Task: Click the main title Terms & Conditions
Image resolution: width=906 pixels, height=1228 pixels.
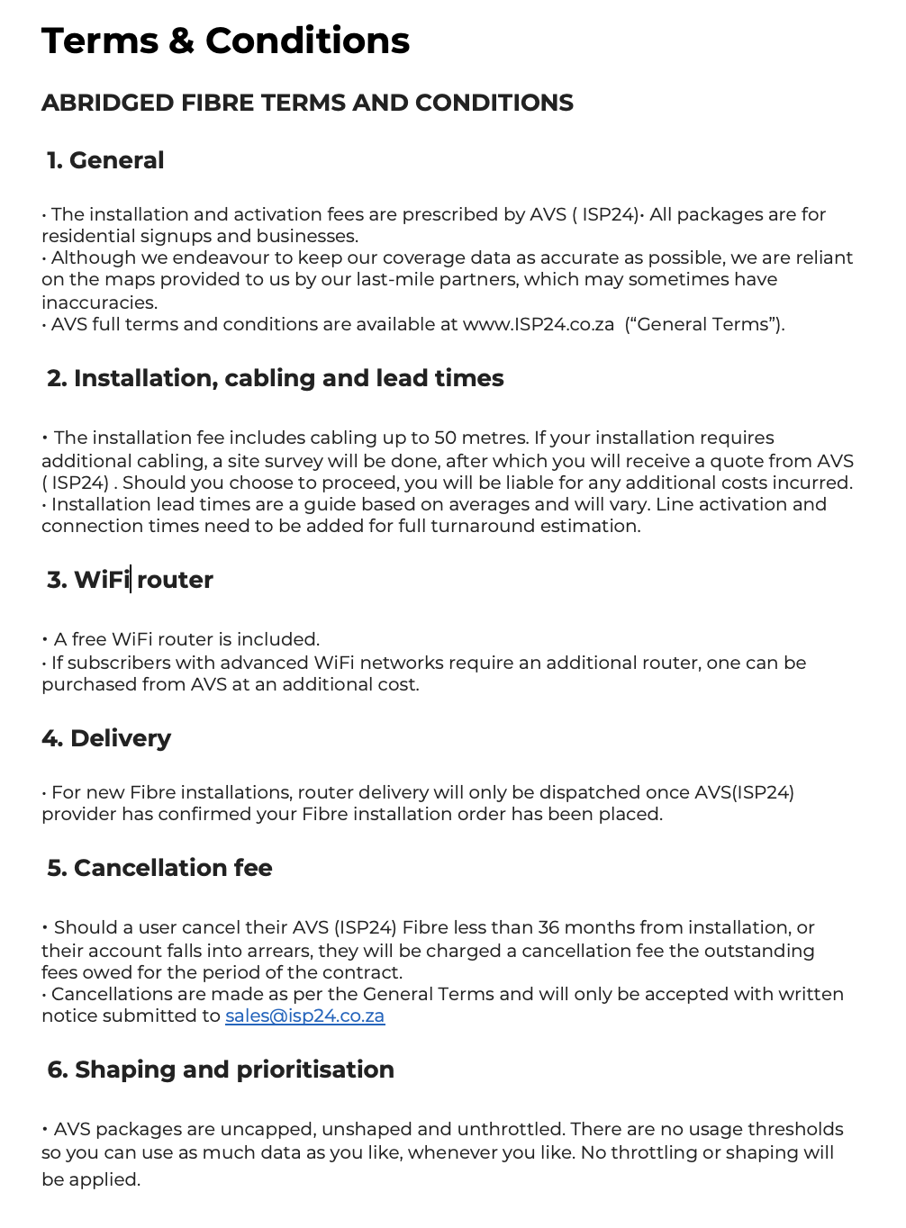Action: [x=225, y=41]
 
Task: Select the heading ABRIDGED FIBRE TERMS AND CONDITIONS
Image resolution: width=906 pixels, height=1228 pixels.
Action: [x=307, y=104]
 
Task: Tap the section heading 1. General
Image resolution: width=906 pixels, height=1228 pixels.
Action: [x=105, y=161]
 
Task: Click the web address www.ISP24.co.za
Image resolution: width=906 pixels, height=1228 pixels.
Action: [x=539, y=325]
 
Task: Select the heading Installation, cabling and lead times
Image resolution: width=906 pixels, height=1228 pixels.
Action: [x=276, y=379]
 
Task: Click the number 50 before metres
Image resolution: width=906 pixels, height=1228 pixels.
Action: [x=446, y=438]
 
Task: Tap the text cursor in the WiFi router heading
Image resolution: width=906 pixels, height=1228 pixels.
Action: [x=131, y=580]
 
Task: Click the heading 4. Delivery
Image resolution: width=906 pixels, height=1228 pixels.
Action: [x=106, y=739]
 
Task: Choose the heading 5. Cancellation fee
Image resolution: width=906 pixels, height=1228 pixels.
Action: [x=159, y=869]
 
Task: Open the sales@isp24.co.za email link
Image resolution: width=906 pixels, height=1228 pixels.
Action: [x=304, y=1016]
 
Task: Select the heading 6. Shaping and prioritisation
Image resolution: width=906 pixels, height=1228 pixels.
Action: [x=221, y=1070]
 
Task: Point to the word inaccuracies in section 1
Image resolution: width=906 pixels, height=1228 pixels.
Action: [x=99, y=303]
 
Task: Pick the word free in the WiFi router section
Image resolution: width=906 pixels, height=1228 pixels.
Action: [x=89, y=640]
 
